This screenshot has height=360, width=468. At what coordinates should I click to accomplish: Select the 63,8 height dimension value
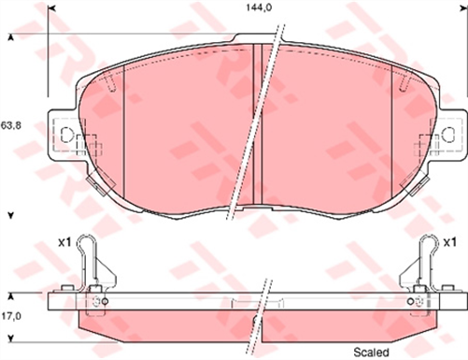10,123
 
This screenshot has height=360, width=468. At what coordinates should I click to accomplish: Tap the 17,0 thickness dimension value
10,317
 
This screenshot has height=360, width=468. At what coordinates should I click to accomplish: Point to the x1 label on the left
65,241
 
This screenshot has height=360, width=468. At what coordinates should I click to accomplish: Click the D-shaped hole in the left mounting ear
66,135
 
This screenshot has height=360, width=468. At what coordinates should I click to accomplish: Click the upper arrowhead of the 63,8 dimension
10,37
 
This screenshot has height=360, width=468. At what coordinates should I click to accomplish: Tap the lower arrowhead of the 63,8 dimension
10,216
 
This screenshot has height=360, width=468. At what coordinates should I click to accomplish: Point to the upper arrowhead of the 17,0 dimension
10,292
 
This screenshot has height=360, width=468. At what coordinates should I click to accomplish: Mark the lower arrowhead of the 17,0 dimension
10,342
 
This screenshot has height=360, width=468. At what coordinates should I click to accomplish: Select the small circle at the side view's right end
419,301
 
